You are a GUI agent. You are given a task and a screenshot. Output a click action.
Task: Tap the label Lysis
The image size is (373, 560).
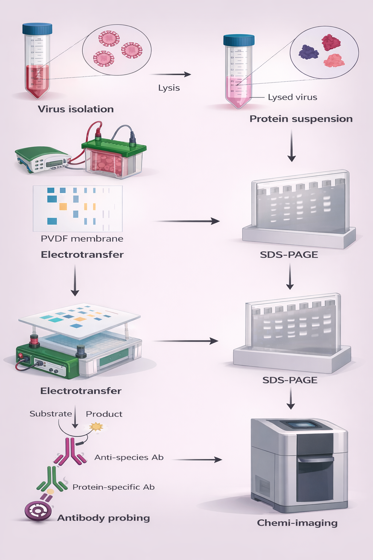(x=169, y=88)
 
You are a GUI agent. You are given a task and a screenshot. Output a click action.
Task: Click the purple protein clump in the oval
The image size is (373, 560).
(x=308, y=52)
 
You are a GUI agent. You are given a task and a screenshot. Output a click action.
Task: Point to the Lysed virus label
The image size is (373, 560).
(x=292, y=97)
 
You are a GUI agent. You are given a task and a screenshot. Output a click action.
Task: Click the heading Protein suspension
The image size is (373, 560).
(x=301, y=119)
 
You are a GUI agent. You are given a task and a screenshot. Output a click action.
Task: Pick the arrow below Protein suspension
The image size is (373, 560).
(x=291, y=146)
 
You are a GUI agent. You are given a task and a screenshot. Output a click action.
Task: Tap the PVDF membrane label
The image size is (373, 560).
(x=82, y=239)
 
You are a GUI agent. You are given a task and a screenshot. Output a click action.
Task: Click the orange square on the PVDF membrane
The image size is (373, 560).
(x=63, y=207)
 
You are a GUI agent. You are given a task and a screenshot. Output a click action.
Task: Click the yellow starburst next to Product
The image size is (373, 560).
(x=97, y=426)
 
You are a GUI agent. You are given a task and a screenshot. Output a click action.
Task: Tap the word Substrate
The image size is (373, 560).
(x=51, y=414)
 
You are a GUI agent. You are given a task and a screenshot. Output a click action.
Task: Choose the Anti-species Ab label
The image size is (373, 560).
(x=129, y=458)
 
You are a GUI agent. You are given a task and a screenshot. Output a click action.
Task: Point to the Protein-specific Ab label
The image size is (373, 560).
(x=114, y=487)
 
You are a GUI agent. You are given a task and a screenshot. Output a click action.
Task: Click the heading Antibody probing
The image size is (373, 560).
(x=104, y=518)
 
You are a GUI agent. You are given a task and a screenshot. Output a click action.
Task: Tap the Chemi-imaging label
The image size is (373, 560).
(x=297, y=523)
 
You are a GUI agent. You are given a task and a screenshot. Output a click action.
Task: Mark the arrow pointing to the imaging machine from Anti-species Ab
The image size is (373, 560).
(x=197, y=460)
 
